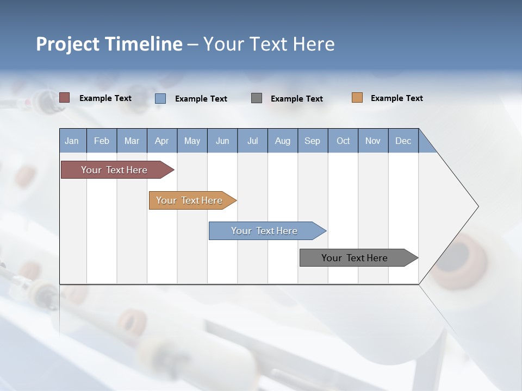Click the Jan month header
[72, 141]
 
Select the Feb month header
[102, 141]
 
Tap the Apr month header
[161, 141]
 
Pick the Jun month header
[222, 141]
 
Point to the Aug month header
[282, 141]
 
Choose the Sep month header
[312, 141]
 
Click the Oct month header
[343, 141]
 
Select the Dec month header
[403, 141]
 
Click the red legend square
[64, 98]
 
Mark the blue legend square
[160, 98]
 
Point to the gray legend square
[257, 98]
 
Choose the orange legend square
[357, 98]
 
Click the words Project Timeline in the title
[109, 44]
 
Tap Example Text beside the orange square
[396, 98]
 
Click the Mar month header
[132, 141]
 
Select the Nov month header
[373, 141]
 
